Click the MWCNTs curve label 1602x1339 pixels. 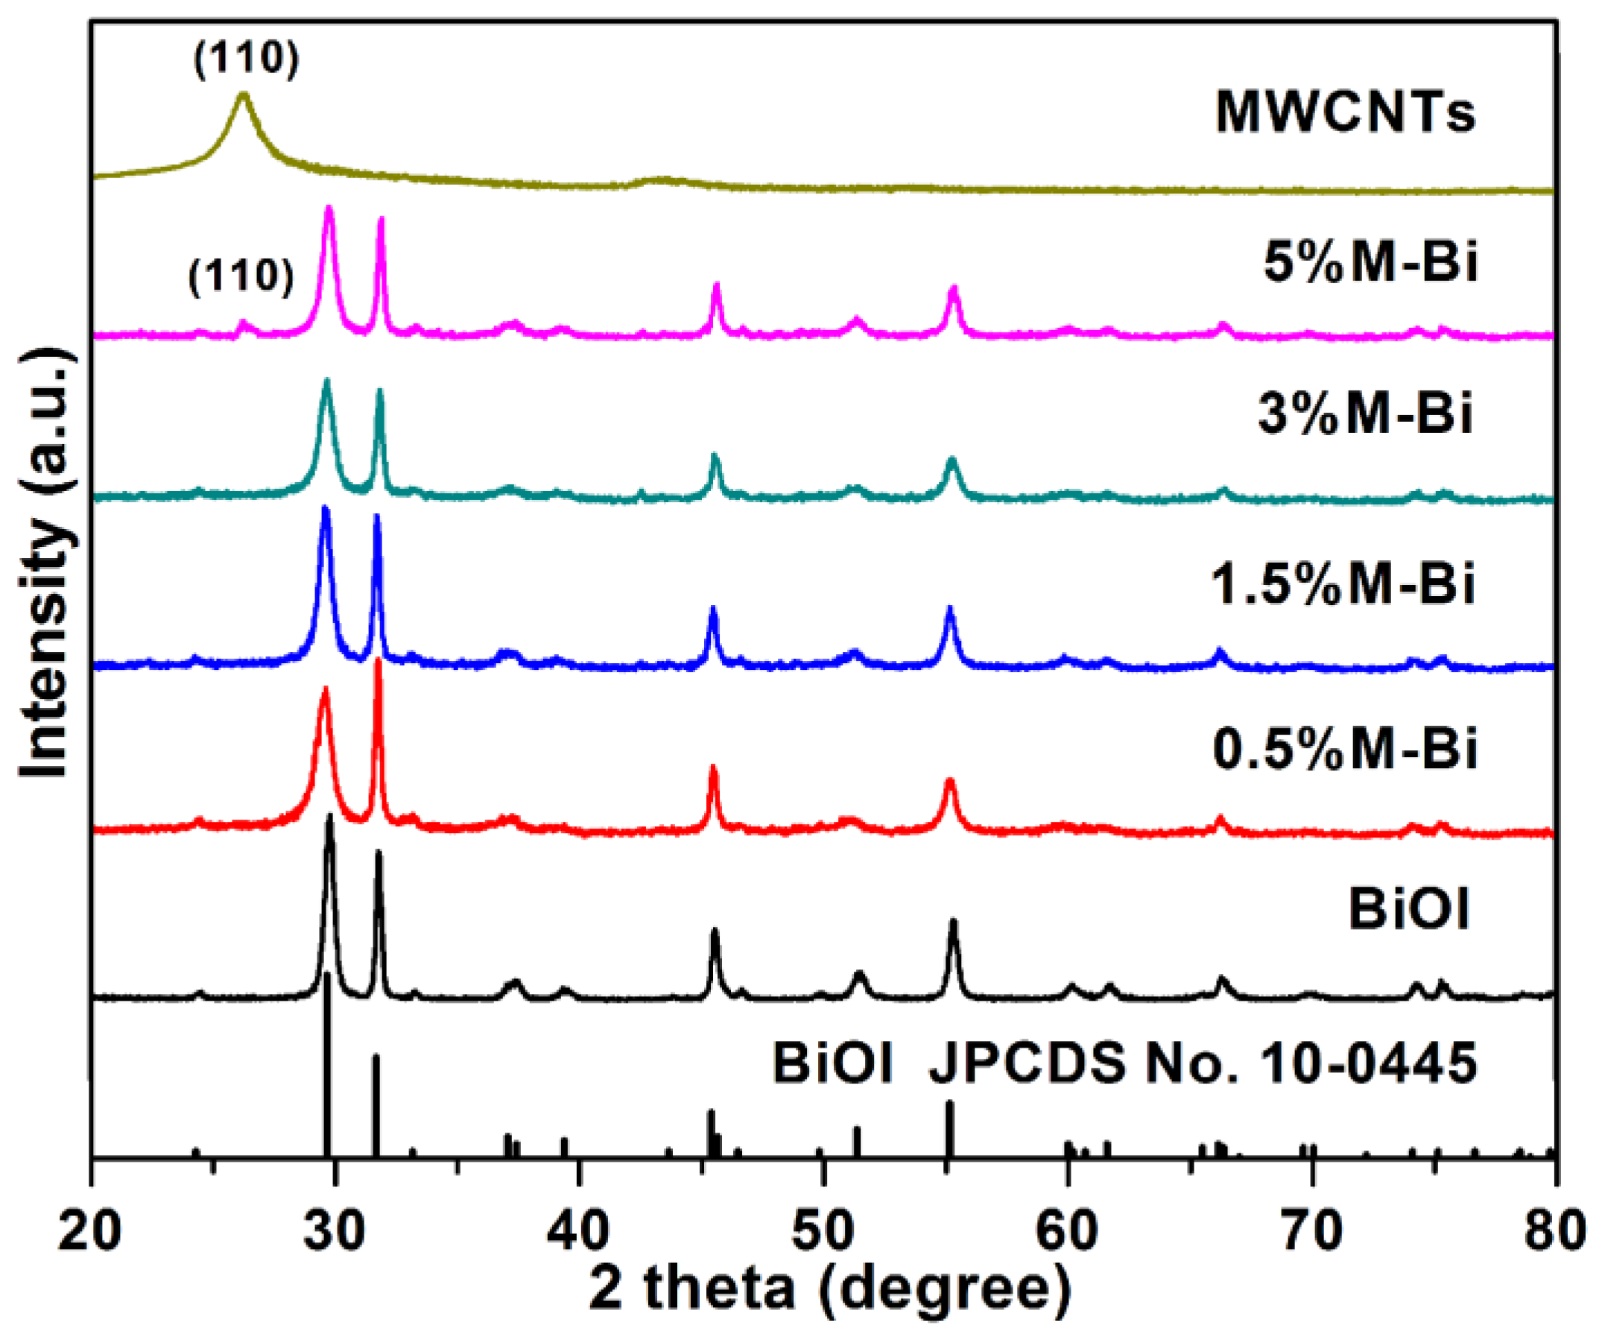coord(1345,113)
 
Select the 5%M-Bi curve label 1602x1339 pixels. coord(1371,262)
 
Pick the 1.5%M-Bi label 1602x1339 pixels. coord(1343,583)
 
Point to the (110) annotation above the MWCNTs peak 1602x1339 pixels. coord(247,58)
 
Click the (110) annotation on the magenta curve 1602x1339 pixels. coord(241,276)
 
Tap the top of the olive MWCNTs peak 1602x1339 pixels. coord(244,95)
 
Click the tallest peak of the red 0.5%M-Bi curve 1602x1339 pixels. coord(377,661)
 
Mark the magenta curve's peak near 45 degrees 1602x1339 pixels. coord(715,285)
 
